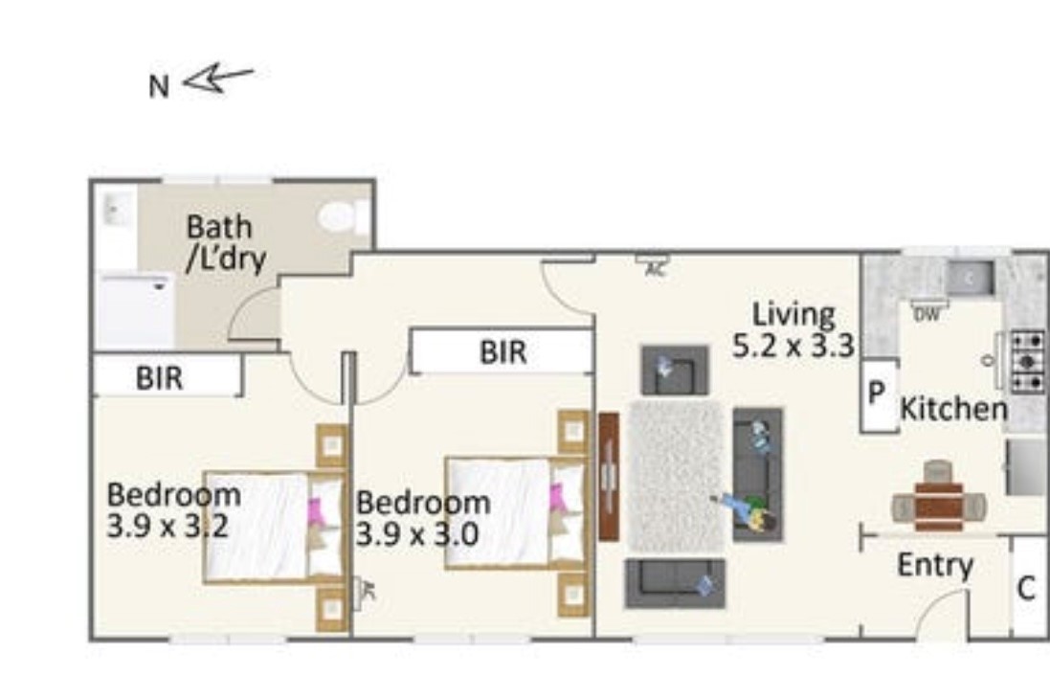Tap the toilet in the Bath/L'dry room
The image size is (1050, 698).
[339, 217]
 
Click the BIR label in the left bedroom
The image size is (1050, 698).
[159, 377]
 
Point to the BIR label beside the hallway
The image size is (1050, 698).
[503, 352]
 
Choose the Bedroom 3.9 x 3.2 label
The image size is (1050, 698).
[172, 510]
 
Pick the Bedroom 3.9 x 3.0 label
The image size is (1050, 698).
[422, 518]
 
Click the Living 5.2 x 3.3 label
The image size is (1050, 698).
[793, 328]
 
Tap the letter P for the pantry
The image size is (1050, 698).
[875, 394]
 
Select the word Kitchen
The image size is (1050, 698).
[953, 410]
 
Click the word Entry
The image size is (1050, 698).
[935, 566]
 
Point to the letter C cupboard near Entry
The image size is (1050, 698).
[1026, 588]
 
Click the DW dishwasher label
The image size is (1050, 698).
[925, 314]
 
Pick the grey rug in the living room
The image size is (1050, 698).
[676, 475]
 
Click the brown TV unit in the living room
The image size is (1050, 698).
[609, 476]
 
